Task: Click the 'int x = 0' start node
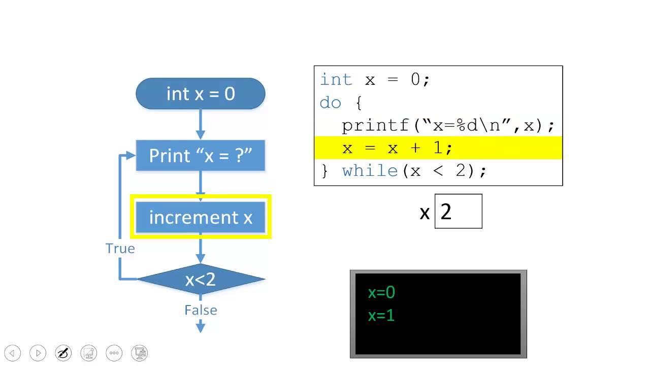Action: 201,94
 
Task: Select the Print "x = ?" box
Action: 201,156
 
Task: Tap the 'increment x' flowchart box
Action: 201,218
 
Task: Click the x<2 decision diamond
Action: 201,279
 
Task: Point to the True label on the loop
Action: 120,249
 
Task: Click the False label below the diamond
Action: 201,310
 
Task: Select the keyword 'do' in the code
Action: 330,103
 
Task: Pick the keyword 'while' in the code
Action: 370,171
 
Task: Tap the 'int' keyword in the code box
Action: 336,80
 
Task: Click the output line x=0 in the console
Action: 381,292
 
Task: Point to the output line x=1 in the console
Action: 381,316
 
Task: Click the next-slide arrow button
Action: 38,353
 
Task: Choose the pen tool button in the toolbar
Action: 63,353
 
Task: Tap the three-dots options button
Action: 114,353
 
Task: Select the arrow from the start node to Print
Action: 201,124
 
